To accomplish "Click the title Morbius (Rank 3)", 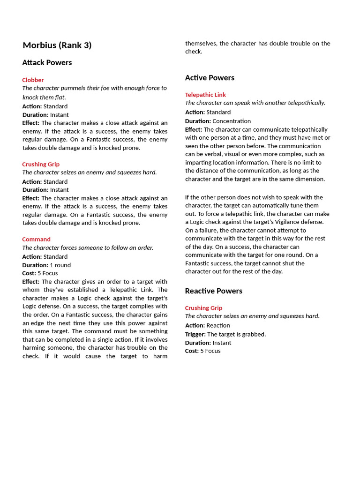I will [57, 45].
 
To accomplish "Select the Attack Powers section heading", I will [47, 63].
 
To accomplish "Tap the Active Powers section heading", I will [210, 78].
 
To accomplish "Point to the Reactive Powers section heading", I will [213, 291].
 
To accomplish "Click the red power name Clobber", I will [33, 80].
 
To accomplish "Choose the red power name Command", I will [36, 240].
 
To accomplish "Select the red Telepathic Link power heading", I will [205, 95].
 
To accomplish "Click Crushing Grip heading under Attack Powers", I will [41, 165].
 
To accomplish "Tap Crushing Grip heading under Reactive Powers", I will [203, 308].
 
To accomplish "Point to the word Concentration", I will [232, 121].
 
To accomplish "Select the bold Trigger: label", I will [195, 334].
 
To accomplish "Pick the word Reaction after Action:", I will [218, 326].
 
